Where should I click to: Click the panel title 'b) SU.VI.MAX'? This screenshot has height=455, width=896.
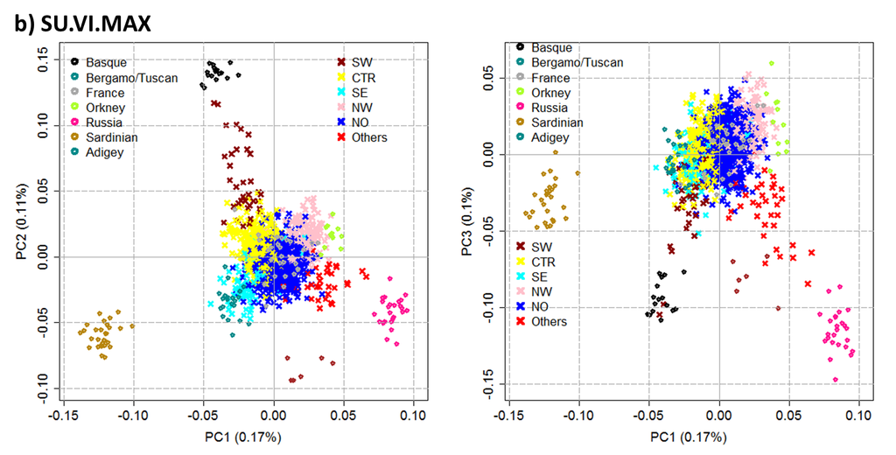[84, 24]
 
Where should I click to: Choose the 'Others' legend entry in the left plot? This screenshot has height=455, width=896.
[368, 137]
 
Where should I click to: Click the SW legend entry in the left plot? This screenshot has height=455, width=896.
[360, 62]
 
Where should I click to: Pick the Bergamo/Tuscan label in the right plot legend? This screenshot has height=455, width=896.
[577, 62]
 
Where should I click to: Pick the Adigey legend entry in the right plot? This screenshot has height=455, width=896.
[551, 137]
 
